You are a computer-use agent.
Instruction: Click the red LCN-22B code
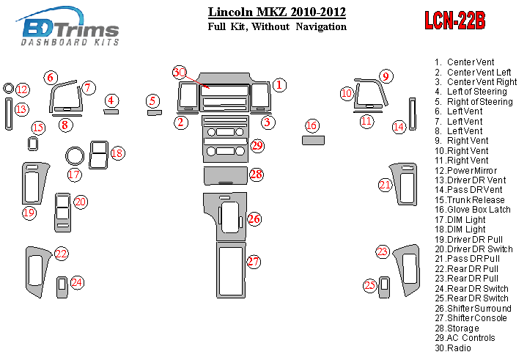[454, 21]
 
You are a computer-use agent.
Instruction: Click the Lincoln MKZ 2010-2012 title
[277, 12]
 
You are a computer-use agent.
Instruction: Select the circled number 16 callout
[312, 125]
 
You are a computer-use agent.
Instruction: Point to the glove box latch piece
[313, 140]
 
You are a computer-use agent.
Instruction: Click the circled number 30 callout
[179, 73]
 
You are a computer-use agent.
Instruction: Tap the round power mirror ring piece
[8, 89]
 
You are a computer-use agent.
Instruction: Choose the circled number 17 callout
[74, 175]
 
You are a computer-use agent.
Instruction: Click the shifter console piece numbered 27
[231, 270]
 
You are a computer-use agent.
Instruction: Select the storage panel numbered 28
[226, 176]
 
